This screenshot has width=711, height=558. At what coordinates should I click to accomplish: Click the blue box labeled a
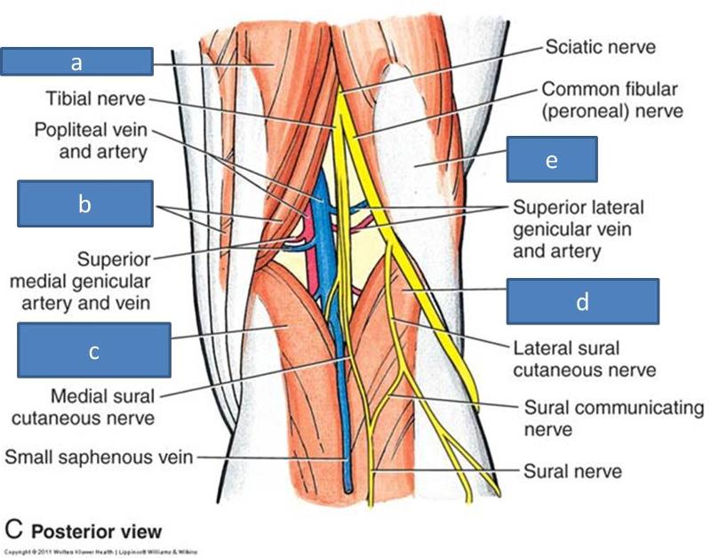click(x=76, y=61)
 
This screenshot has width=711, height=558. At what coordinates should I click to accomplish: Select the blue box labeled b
click(x=84, y=203)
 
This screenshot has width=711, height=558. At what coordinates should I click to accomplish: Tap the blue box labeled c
click(x=93, y=350)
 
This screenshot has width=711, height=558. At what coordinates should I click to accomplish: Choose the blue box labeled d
click(x=582, y=301)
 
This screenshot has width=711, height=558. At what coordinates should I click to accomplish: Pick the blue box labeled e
click(x=552, y=159)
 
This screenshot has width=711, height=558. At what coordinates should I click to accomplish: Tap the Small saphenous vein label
click(x=100, y=458)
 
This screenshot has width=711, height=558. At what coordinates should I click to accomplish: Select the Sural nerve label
click(x=571, y=470)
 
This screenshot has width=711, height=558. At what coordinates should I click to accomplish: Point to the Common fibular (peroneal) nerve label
click(x=611, y=100)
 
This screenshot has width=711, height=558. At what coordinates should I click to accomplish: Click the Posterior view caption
click(x=97, y=531)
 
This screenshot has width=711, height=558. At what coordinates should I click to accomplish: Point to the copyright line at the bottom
click(x=99, y=552)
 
